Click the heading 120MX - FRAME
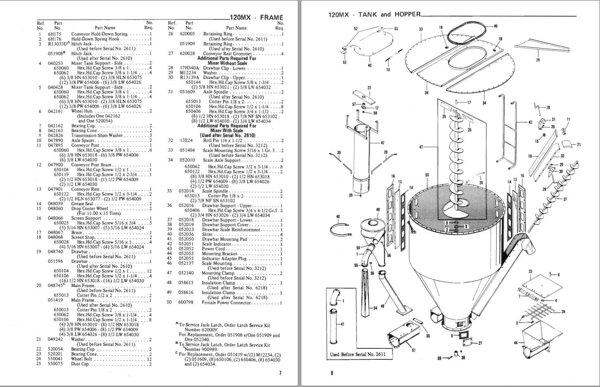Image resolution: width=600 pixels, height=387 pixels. tap(256, 17)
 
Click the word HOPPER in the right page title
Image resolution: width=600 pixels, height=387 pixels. tap(407, 14)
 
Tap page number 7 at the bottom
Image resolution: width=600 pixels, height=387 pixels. tap(280, 373)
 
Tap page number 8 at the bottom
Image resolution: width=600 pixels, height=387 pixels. tap(332, 373)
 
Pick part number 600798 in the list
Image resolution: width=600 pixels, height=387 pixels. tap(186, 303)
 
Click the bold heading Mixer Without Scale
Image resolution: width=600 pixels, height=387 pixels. tap(227, 63)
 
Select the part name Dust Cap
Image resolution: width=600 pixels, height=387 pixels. tap(80, 364)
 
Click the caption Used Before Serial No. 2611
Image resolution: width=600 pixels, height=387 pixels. tap(357, 354)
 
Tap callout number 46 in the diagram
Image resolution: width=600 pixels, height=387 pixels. tap(495, 26)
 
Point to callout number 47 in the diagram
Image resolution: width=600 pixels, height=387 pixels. tap(421, 147)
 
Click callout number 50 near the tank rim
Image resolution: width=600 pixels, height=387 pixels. tap(427, 175)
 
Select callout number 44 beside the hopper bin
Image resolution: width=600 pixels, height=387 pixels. tap(516, 343)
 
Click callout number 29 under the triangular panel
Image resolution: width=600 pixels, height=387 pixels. tap(538, 60)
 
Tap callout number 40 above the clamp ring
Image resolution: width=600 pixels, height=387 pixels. tap(338, 216)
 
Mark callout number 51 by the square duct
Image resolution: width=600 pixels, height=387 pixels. tap(414, 350)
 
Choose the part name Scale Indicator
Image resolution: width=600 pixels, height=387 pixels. tap(217, 244)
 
